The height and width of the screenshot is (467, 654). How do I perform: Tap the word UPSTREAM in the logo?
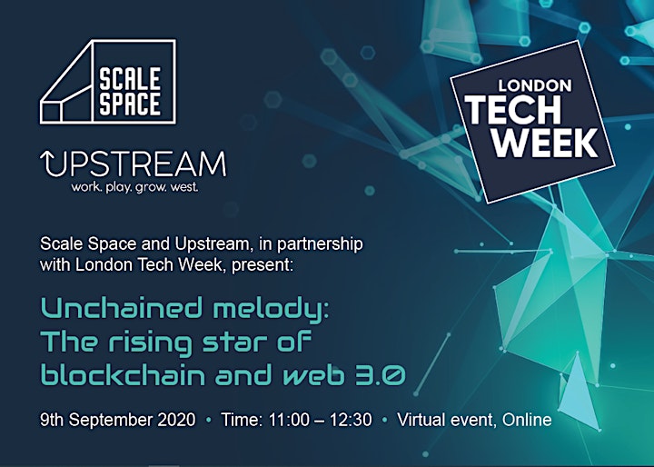[x=134, y=164]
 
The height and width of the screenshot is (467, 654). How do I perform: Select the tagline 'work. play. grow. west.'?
[x=134, y=187]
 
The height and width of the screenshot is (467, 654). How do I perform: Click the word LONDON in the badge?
[x=535, y=85]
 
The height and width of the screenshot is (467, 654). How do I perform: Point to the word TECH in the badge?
[x=513, y=110]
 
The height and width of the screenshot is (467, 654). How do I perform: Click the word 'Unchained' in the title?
[x=121, y=308]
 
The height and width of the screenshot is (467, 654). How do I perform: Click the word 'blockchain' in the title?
[x=123, y=373]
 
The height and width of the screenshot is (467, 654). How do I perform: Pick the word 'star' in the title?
[x=234, y=342]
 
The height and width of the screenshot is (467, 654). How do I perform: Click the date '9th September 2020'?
[x=117, y=420]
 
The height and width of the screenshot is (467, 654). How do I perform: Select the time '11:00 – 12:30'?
[x=320, y=420]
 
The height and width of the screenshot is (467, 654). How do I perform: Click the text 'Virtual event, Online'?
[x=474, y=420]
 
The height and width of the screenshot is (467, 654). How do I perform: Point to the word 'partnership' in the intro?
[x=320, y=244]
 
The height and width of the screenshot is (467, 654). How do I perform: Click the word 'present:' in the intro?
[x=263, y=265]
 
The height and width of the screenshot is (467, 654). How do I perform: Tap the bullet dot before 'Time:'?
[x=209, y=421]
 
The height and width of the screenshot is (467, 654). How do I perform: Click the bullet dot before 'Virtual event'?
[x=384, y=421]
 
